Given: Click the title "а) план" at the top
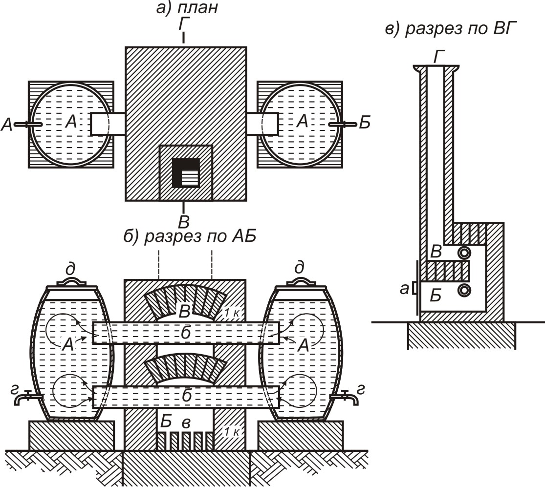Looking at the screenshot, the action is (x=187, y=7).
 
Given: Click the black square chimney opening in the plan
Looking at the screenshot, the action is (x=187, y=172).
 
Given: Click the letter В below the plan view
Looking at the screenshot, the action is (x=183, y=221).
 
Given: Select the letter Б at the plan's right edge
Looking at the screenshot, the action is (x=365, y=123).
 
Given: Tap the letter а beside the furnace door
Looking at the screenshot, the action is (x=404, y=289).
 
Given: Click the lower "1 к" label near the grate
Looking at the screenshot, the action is (x=232, y=432).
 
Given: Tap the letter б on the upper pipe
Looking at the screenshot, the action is (x=186, y=333).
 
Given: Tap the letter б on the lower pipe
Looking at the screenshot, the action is (x=187, y=396).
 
